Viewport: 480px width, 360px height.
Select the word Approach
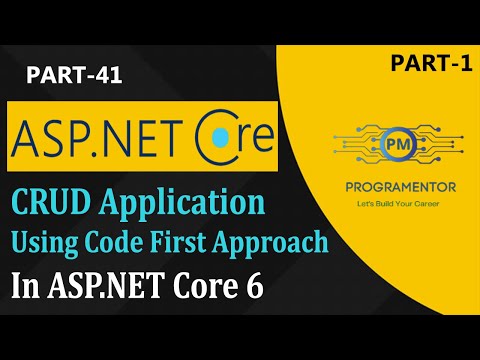click(301, 242)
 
